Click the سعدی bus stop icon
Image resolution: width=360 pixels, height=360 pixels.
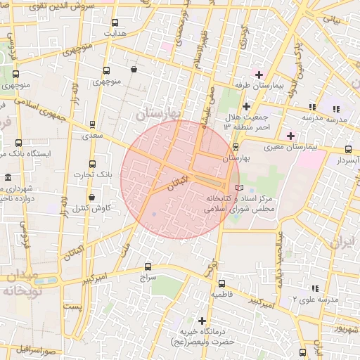92,124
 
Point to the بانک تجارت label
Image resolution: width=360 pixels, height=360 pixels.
93,173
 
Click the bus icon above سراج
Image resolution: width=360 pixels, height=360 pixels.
147,266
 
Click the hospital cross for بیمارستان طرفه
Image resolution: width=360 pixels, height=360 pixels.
259,74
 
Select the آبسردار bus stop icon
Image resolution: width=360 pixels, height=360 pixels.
349,149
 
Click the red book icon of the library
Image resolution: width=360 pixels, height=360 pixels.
240,188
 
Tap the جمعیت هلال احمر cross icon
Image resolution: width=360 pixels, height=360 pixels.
246,105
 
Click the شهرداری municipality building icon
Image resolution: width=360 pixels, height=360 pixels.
8,176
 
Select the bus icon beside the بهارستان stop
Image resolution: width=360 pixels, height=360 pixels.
235,147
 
